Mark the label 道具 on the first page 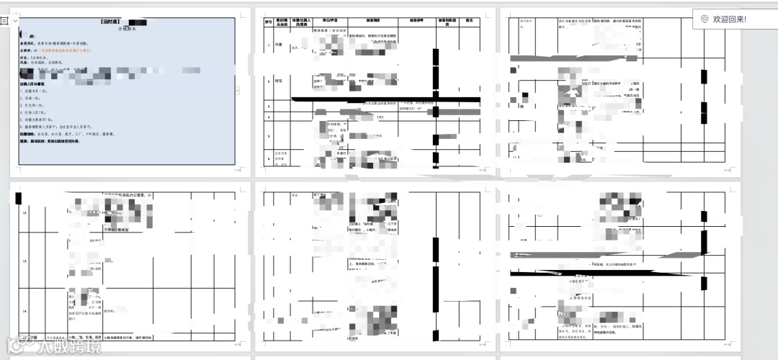(x=24, y=141)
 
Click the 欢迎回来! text (x=730, y=19)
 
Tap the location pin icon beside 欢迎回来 (x=704, y=19)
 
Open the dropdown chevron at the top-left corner (x=16, y=22)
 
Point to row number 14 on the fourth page (x=25, y=310)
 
